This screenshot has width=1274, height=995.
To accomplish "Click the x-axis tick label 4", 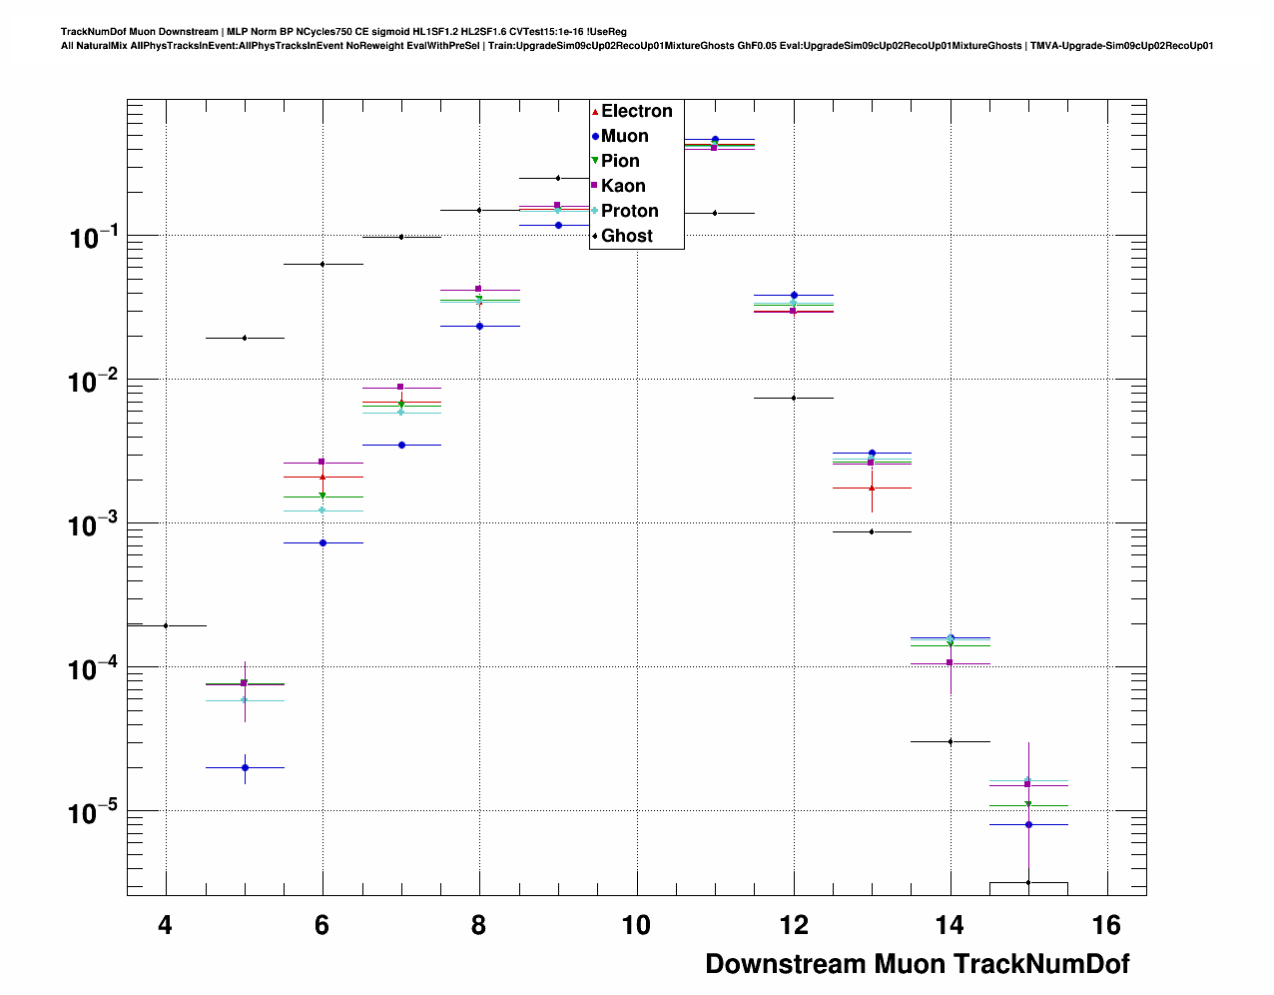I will [x=165, y=926].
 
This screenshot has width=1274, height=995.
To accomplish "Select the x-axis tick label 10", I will [x=636, y=926].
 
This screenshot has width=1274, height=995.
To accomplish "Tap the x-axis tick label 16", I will [x=1107, y=926].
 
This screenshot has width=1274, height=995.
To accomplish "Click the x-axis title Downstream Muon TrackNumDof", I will [x=917, y=964].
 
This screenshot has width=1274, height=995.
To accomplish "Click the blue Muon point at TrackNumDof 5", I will [x=245, y=767].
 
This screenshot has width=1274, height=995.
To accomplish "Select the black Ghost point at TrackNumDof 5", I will [x=245, y=338].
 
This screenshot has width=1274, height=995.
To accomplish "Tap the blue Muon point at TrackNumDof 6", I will [x=322, y=542].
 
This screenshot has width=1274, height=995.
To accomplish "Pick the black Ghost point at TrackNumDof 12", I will [x=794, y=398].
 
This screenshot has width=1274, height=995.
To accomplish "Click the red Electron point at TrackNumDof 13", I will [x=872, y=488].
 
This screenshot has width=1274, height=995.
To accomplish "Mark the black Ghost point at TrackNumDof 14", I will [x=951, y=741].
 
